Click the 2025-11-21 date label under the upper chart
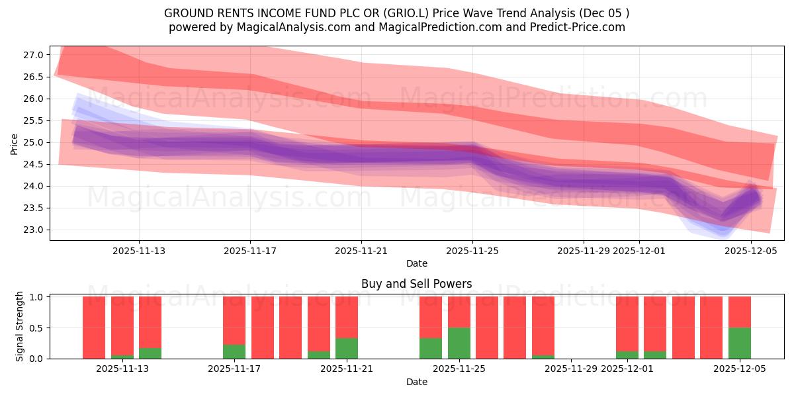[361, 251]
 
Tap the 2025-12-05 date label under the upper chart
[750, 251]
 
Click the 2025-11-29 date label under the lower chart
[571, 369]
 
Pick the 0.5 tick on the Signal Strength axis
[36, 328]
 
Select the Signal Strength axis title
[20, 326]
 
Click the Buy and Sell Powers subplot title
[416, 284]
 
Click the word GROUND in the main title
[187, 13]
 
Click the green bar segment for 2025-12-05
[739, 343]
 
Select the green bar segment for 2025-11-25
[459, 343]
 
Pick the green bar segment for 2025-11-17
[234, 351]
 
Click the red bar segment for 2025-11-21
[347, 317]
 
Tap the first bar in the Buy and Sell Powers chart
[94, 328]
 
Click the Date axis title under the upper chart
[416, 263]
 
